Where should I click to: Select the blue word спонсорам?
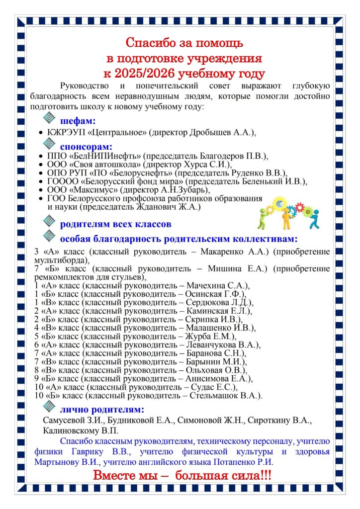[x=87, y=147]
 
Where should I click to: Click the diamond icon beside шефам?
[x=49, y=117]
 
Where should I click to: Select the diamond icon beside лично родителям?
[x=49, y=408]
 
